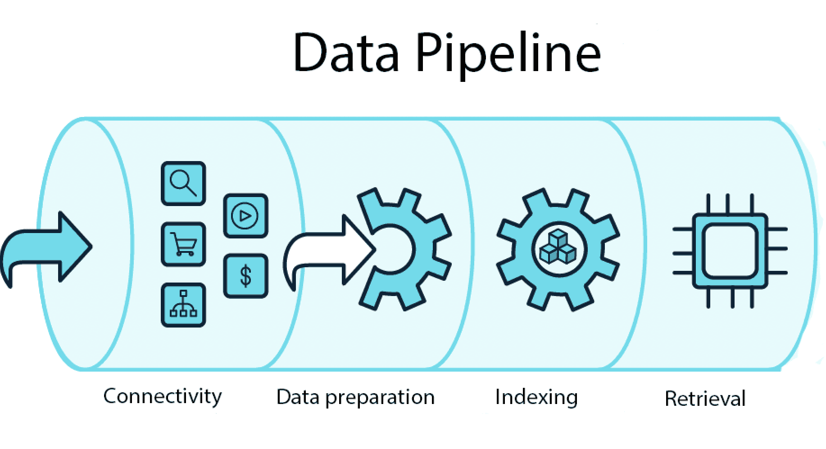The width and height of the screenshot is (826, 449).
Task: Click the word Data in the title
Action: [x=346, y=52]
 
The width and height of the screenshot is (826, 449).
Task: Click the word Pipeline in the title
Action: [x=508, y=55]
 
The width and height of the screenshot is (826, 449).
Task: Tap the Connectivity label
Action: [x=163, y=397]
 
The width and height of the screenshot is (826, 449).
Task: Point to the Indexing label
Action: [x=536, y=398]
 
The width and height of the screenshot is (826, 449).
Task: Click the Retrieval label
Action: [x=705, y=399]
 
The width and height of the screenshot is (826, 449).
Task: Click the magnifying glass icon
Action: [x=183, y=184]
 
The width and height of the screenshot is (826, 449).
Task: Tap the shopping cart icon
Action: [x=183, y=244]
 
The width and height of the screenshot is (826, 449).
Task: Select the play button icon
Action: [x=245, y=216]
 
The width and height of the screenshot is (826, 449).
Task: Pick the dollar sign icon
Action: [x=245, y=276]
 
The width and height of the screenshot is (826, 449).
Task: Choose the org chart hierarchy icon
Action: [x=183, y=305]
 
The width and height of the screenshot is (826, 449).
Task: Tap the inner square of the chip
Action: [x=730, y=251]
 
